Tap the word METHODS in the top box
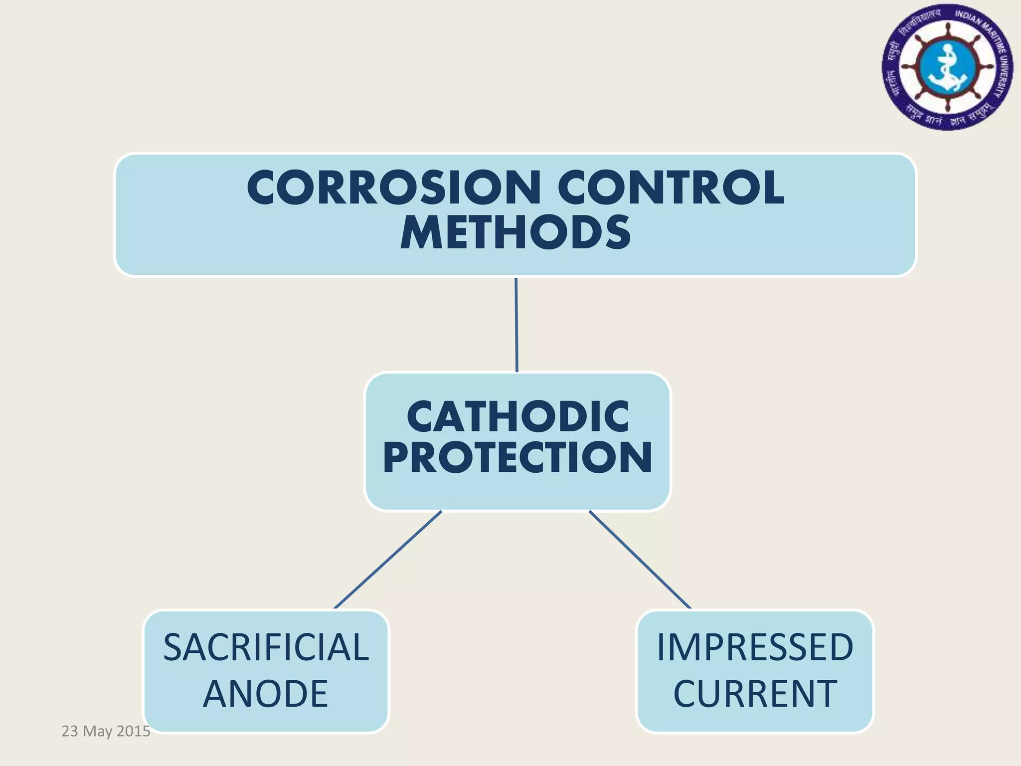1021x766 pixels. coord(515,233)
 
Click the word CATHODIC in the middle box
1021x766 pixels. coord(517,417)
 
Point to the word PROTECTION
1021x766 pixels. coord(517,458)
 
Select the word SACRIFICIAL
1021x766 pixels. coord(266,647)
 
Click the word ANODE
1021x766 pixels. coord(266,694)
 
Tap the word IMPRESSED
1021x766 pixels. coord(755,647)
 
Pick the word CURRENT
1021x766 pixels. coord(755,694)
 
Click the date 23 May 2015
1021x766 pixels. coord(106,731)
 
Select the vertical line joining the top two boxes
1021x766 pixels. coord(516,325)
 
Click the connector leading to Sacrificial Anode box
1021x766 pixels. coord(387,560)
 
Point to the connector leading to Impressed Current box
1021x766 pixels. coord(640,560)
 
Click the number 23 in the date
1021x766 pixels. coord(70,731)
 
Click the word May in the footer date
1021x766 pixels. coord(97,732)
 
